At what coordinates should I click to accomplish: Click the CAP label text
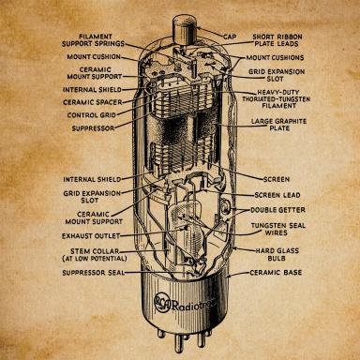[230, 37]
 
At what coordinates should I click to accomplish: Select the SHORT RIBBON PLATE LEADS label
[277, 40]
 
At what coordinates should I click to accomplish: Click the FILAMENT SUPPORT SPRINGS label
[93, 40]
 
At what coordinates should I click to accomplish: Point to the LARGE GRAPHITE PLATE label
[278, 125]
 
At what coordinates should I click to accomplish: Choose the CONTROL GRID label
[92, 115]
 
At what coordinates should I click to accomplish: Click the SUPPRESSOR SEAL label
[93, 273]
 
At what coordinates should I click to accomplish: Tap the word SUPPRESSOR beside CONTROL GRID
[93, 128]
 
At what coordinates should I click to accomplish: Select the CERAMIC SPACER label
[92, 102]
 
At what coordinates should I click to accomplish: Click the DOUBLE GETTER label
[277, 210]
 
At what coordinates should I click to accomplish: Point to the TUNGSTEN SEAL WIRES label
[278, 229]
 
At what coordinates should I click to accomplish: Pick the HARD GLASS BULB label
[277, 254]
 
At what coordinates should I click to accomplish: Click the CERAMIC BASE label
[276, 273]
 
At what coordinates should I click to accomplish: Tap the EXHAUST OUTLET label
[91, 236]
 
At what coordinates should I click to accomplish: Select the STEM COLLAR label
[95, 251]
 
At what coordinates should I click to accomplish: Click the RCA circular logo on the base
[162, 304]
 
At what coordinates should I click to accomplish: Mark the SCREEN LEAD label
[277, 195]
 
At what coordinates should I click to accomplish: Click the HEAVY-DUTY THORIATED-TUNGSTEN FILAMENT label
[277, 99]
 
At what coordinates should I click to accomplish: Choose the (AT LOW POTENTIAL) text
[95, 259]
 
